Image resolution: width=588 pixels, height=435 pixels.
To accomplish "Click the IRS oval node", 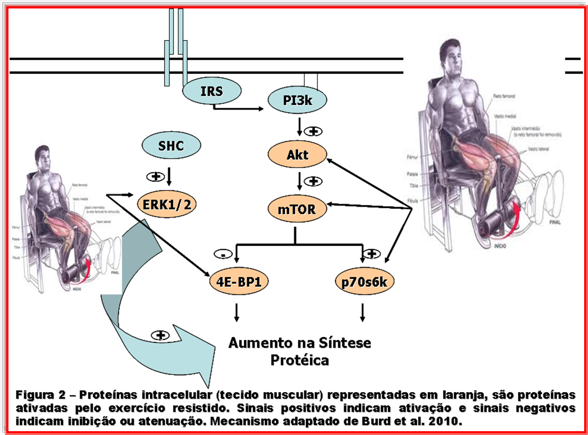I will pos(211,91).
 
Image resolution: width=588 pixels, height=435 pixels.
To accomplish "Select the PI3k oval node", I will pos(297,100).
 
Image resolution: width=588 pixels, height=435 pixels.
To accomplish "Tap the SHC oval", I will pos(171,146).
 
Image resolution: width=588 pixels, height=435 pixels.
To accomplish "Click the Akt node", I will pos(297,155).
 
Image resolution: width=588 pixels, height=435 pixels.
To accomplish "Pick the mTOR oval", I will pos(297,209).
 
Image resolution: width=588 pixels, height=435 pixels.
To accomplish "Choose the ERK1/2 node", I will pos(167,204).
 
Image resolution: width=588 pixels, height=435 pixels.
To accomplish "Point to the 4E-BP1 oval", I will pos(239,282).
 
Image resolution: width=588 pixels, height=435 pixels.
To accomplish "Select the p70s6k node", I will pos(364,282).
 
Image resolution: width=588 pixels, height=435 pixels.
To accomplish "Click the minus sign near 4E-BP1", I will pos(223,254).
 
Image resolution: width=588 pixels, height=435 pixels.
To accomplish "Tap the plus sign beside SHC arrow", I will pos(155,177).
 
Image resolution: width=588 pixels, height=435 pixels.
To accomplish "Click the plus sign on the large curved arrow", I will pos(160,335).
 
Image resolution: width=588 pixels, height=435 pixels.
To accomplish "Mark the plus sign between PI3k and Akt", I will pos(313,131).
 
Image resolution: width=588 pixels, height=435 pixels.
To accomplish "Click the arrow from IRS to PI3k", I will pos(238,109).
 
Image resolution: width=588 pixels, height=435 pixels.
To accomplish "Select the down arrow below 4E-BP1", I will pos(237,313).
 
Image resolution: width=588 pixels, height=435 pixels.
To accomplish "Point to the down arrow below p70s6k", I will pos(363,313).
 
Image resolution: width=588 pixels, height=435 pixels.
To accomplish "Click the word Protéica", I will pos(300,360).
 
